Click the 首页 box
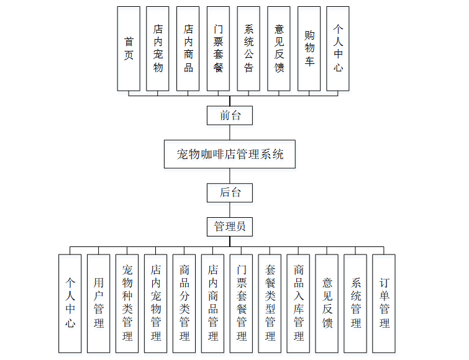pyautogui.click(x=129, y=48)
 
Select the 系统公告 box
pyautogui.click(x=248, y=48)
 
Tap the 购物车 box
pyautogui.click(x=309, y=48)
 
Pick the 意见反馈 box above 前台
pyautogui.click(x=279, y=48)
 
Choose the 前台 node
pyautogui.click(x=230, y=115)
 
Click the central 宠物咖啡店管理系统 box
pyautogui.click(x=230, y=154)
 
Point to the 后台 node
pyautogui.click(x=230, y=192)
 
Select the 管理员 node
pyautogui.click(x=230, y=227)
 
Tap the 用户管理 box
pyautogui.click(x=98, y=304)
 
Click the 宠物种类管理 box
pyautogui.click(x=127, y=304)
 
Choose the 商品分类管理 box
pyautogui.click(x=184, y=304)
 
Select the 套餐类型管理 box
pyautogui.click(x=270, y=304)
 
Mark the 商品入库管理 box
pyautogui.click(x=298, y=304)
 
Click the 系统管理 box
pyautogui.click(x=355, y=304)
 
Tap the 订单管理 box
pyautogui.click(x=384, y=304)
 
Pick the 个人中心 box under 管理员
pyautogui.click(x=70, y=304)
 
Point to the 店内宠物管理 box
pyautogui.click(x=155, y=304)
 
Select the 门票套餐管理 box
pyautogui.click(x=241, y=304)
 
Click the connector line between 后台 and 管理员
pyautogui.click(x=230, y=210)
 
